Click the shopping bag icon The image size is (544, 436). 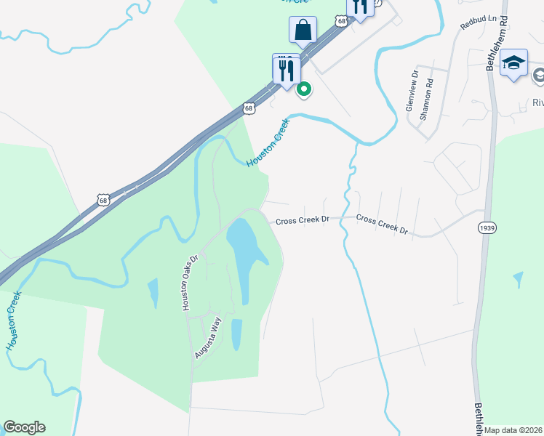(x=302, y=31)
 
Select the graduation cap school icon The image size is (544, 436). (x=513, y=62)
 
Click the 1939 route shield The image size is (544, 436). (x=487, y=228)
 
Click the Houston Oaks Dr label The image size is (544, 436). (x=191, y=283)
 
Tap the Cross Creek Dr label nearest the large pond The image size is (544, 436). (x=303, y=220)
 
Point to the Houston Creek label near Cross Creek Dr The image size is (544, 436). (x=269, y=142)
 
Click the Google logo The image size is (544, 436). (x=24, y=427)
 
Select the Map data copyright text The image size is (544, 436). (x=513, y=430)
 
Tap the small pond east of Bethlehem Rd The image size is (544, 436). (x=518, y=280)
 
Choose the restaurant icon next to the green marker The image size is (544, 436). (x=286, y=70)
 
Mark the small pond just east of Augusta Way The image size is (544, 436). (x=236, y=334)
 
